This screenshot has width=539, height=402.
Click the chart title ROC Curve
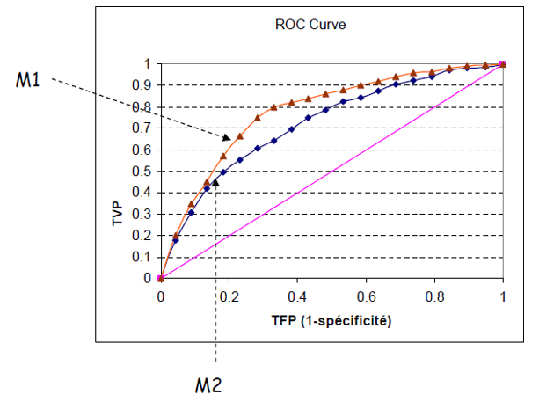pyautogui.click(x=310, y=25)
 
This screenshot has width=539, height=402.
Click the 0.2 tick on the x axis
pyautogui.click(x=229, y=297)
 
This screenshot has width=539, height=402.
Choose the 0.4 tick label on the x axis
pyautogui.click(x=297, y=297)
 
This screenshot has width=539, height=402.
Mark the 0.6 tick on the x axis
pyautogui.click(x=366, y=297)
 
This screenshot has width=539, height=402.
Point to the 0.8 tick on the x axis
pyautogui.click(x=434, y=297)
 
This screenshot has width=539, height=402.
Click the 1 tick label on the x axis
pyautogui.click(x=503, y=297)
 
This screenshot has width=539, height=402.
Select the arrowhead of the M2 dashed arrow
pyautogui.click(x=215, y=183)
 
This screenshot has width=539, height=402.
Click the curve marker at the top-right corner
pyautogui.click(x=502, y=64)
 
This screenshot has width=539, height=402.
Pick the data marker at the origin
pyautogui.click(x=160, y=278)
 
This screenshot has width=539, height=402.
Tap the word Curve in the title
pyautogui.click(x=327, y=25)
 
